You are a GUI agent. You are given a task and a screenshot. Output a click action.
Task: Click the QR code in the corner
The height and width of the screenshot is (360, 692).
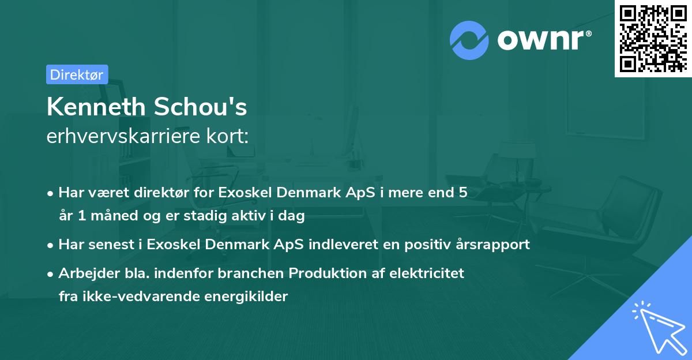tap(653, 38)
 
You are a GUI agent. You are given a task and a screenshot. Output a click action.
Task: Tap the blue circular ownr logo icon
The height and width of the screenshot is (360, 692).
tap(469, 39)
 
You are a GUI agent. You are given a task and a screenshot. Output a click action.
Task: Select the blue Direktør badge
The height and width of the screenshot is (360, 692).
tap(77, 74)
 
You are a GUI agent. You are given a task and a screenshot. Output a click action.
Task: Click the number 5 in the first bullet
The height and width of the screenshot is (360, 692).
tap(462, 193)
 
